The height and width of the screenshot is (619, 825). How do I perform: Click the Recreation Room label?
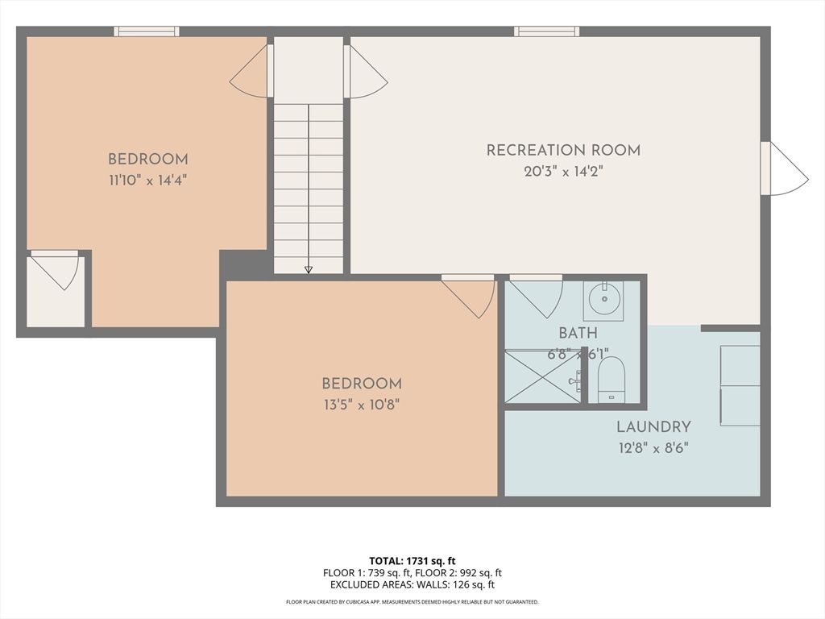click(563, 150)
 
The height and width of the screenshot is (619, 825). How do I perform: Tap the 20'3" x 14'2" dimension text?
click(563, 171)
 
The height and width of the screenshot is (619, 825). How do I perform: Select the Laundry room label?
click(653, 427)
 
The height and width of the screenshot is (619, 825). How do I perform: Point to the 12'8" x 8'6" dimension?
click(653, 447)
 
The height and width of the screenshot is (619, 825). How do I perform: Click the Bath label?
click(578, 333)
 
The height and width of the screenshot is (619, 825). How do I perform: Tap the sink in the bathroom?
click(603, 301)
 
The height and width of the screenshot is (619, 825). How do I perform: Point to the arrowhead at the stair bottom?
click(308, 270)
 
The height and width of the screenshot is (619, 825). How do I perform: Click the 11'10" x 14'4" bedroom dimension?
click(148, 180)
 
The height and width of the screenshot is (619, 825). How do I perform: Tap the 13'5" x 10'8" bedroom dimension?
click(361, 405)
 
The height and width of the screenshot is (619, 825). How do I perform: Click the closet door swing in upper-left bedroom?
click(56, 269)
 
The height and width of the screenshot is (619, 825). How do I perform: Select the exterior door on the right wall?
click(785, 168)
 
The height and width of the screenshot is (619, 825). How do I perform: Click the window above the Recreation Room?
click(547, 31)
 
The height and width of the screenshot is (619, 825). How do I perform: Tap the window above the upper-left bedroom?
click(146, 31)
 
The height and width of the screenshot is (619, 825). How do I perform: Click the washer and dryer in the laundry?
click(740, 385)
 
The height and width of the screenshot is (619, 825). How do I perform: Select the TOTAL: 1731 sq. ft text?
click(412, 560)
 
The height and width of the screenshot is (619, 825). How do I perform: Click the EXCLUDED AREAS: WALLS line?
click(412, 585)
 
